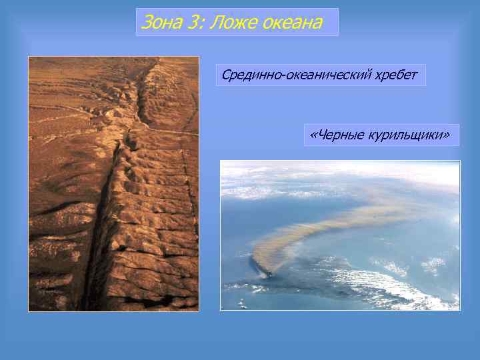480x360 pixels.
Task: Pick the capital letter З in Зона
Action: (x=146, y=23)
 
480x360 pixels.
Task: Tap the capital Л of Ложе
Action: (x=215, y=23)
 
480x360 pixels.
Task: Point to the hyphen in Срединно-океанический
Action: (x=283, y=76)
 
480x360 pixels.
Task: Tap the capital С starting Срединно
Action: (x=227, y=75)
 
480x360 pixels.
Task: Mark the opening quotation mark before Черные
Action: (x=313, y=135)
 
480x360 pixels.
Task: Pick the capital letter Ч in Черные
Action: (x=321, y=135)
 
